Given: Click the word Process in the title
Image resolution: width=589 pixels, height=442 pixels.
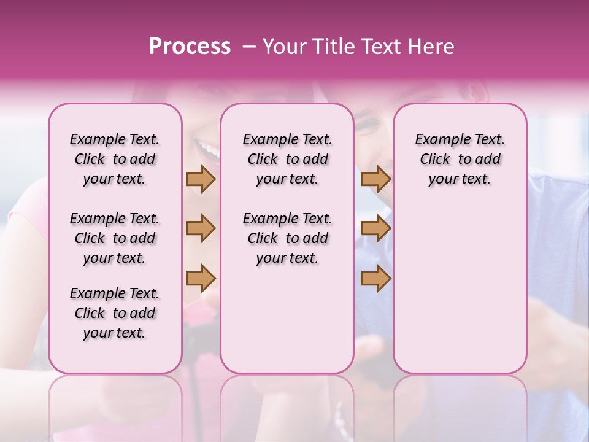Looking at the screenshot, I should click(x=190, y=47).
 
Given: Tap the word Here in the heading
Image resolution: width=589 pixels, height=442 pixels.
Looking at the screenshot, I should click(x=430, y=47).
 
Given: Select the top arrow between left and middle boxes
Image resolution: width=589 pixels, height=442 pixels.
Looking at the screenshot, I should click(x=201, y=179).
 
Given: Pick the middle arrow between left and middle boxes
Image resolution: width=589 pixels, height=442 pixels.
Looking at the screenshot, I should click(x=201, y=228).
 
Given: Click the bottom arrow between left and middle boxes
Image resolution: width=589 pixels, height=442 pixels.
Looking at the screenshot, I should click(x=201, y=278).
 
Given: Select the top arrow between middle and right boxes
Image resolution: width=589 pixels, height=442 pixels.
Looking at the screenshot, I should click(x=375, y=179).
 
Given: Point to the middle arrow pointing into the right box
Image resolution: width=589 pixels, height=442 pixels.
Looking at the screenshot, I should click(x=375, y=228).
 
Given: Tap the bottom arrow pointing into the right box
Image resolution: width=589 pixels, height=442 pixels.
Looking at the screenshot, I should click(x=375, y=278).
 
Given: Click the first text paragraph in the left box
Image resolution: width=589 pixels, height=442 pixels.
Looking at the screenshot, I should click(x=115, y=159).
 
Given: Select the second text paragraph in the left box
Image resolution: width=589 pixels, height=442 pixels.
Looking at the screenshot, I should click(x=115, y=238).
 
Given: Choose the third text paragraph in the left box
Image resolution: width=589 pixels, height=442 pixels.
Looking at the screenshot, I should click(x=115, y=313).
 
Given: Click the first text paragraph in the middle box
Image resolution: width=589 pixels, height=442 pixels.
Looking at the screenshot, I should click(x=287, y=159).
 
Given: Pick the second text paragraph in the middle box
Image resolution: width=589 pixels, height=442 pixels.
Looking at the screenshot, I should click(x=287, y=238).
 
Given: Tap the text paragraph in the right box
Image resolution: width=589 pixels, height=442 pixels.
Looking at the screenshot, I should click(x=460, y=159).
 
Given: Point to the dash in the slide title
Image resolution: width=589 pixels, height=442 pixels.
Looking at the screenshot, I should click(x=250, y=47).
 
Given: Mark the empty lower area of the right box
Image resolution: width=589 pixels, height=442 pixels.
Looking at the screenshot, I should click(x=460, y=289).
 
